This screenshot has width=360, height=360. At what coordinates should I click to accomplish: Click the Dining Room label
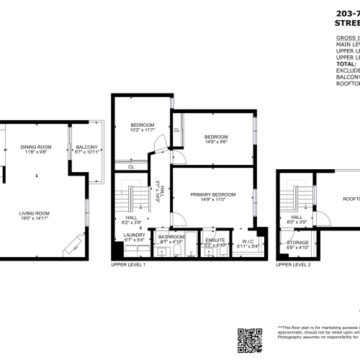click(35, 149)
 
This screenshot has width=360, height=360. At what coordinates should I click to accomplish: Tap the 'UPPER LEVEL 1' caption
click(128, 265)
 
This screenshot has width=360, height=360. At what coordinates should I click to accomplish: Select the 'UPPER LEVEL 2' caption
click(294, 265)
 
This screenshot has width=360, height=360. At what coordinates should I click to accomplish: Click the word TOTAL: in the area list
click(346, 63)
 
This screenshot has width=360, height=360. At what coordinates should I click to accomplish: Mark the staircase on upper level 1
click(132, 197)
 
